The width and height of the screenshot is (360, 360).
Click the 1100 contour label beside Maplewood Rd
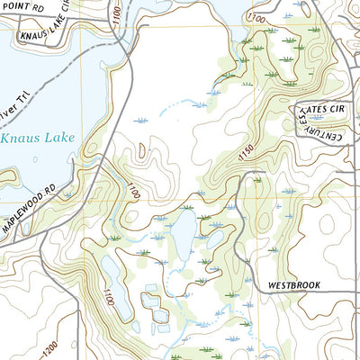tap(133, 191)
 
